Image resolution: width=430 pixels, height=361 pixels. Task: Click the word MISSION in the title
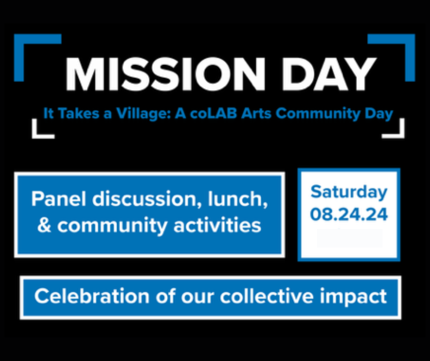(163, 74)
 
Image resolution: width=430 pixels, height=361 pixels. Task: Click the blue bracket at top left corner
(27, 46)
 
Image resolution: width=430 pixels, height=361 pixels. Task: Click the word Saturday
(349, 192)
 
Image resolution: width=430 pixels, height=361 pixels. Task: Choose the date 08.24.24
(349, 214)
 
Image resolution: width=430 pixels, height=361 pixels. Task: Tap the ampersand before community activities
(44, 225)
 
